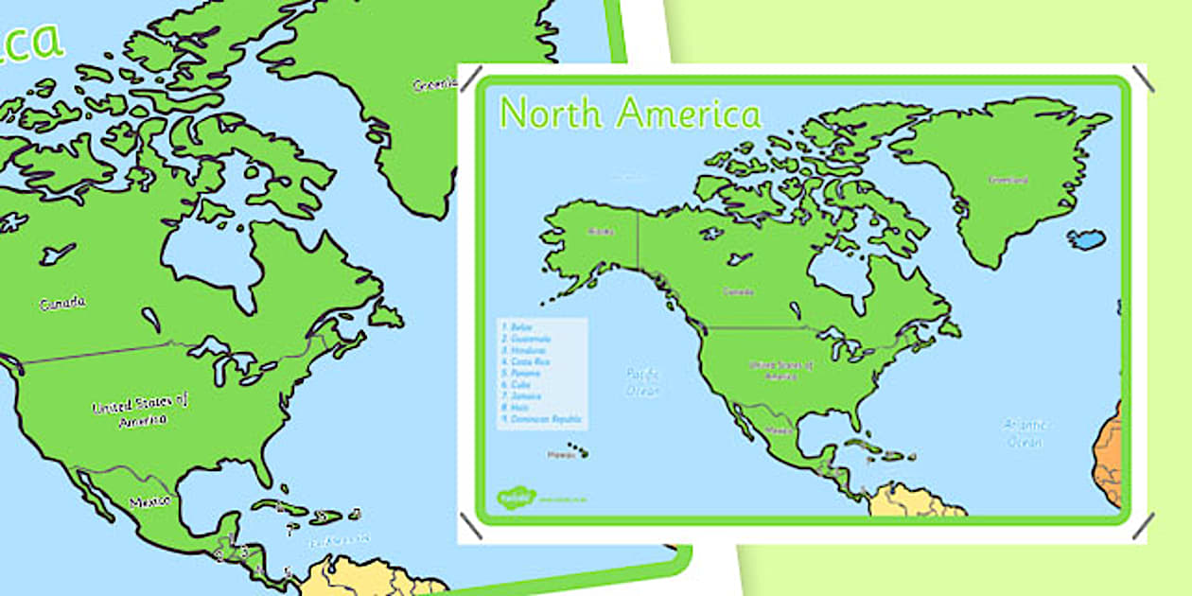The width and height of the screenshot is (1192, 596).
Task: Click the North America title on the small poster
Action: pyautogui.click(x=630, y=113)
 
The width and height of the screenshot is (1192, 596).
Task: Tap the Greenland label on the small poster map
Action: pyautogui.click(x=1007, y=179)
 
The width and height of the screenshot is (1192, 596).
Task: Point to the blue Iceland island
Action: pyautogui.click(x=1086, y=239)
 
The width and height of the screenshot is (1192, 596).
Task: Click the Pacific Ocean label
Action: pyautogui.click(x=642, y=382)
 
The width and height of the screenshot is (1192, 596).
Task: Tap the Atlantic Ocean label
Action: pyautogui.click(x=1024, y=433)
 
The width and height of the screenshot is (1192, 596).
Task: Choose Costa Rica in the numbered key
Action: pyautogui.click(x=527, y=361)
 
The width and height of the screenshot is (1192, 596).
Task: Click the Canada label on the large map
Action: pyautogui.click(x=62, y=304)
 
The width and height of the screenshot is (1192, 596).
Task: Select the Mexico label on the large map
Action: pyautogui.click(x=149, y=500)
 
